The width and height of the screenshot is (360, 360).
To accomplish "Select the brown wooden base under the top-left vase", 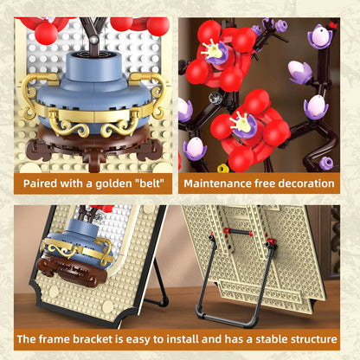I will coord(95,143).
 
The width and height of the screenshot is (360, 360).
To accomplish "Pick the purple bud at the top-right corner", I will coord(325,35).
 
